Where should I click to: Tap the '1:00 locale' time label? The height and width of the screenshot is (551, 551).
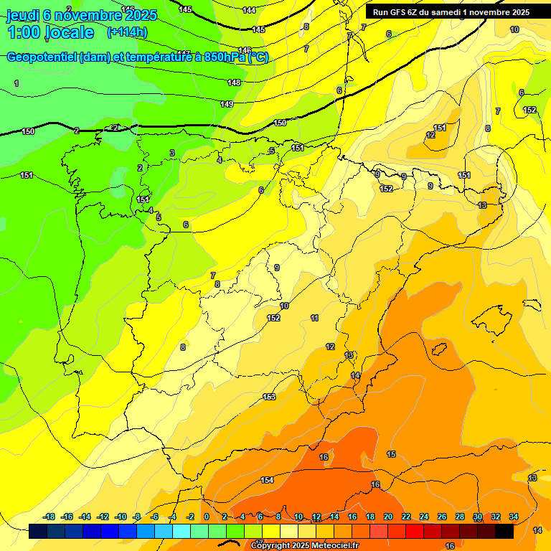coord(50,32)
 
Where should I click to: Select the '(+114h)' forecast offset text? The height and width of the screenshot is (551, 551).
coord(127,32)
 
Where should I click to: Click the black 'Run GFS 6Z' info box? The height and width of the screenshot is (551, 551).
coord(451,11)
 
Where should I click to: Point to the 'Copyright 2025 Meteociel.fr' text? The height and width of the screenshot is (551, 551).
coord(305,545)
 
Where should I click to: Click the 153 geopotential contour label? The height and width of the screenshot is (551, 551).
coord(269,397)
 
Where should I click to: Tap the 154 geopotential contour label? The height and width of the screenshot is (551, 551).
coord(267,480)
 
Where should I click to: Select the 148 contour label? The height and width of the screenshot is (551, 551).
coord(234,83)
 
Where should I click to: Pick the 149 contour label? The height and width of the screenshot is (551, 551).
coord(227,105)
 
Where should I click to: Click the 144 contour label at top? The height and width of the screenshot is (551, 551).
coord(249,10)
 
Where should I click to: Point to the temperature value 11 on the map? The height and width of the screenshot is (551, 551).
coord(314,318)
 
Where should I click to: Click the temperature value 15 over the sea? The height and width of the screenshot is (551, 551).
coord(391,454)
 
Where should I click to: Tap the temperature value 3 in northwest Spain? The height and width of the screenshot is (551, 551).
coord(172,153)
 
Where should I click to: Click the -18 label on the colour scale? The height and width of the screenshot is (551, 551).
coord(50,517)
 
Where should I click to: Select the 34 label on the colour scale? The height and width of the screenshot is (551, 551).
coord(514,517)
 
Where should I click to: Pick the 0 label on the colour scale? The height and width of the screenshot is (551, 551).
coord(207,517)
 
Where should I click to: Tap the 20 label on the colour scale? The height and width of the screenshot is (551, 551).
coord(388,517)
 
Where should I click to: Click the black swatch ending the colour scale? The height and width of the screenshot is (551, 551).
coord(504,531)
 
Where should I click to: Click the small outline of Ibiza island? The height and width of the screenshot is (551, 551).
coord(439,349)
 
